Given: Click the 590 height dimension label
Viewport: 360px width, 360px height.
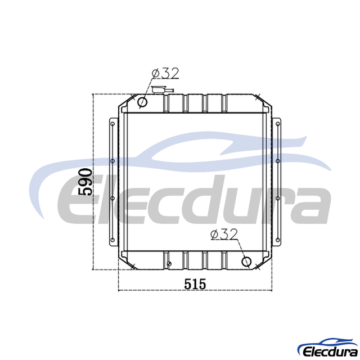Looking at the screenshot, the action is [85, 182].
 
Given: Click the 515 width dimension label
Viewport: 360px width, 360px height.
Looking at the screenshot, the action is [195, 284].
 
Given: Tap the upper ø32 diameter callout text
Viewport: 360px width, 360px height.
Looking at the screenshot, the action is [165, 73].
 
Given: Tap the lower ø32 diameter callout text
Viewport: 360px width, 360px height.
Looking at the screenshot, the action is [224, 235].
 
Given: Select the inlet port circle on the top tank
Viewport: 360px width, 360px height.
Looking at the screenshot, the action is [142, 102].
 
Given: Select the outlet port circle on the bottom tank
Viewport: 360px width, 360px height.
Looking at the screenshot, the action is [246, 262].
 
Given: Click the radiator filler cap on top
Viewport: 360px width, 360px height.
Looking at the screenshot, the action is [159, 90].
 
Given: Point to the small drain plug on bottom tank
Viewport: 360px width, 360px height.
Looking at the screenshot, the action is [169, 264].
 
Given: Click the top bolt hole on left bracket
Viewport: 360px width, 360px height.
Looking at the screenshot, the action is [112, 124].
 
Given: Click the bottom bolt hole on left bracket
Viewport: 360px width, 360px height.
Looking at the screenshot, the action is [112, 240].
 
